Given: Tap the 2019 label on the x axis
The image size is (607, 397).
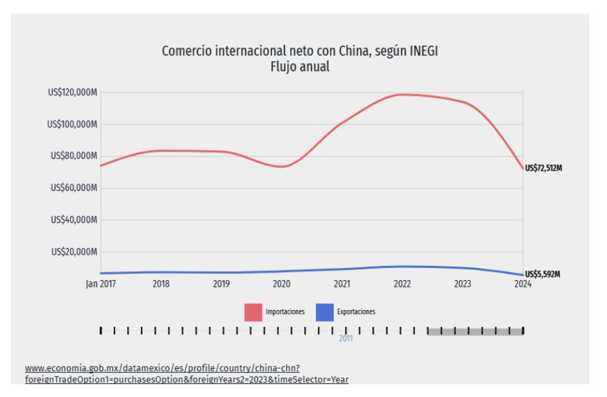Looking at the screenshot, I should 221,283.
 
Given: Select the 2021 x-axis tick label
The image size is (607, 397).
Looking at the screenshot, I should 342,283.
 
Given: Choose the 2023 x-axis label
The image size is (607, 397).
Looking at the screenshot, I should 463,283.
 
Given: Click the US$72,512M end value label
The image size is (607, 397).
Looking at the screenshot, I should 544,168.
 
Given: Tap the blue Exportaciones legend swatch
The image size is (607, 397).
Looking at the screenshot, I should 325,312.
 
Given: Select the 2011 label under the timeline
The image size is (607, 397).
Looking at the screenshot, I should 346,339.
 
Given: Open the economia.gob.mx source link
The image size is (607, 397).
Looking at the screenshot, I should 186,374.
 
